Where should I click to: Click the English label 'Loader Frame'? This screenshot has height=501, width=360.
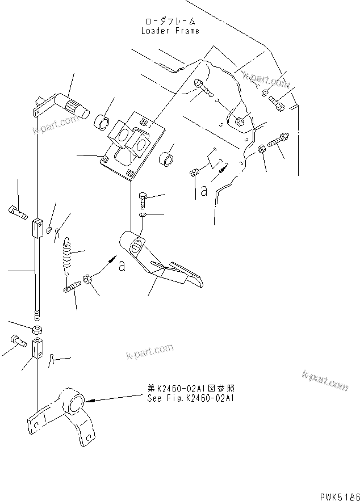pos(170,31)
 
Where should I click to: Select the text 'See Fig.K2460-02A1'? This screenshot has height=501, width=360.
pos(190,398)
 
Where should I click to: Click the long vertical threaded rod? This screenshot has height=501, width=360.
pos(37,272)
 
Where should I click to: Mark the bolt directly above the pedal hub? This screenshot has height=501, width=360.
pos(143,200)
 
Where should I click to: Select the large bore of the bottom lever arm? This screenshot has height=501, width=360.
pos(75,403)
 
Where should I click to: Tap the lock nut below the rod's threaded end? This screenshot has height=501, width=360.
pos(37,330)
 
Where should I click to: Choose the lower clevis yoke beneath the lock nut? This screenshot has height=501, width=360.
pos(37,347)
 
